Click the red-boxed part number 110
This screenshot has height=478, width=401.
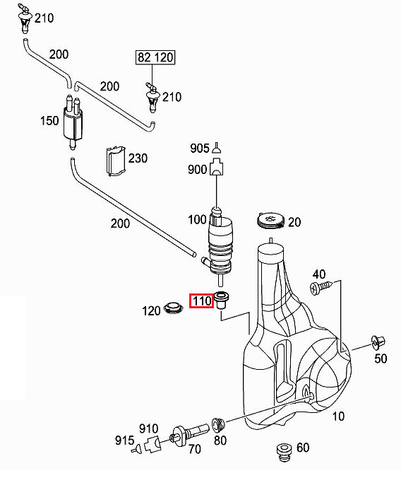[202, 301]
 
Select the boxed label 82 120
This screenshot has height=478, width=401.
[155, 57]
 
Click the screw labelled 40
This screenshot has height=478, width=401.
[321, 287]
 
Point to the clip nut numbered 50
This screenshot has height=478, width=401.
[378, 343]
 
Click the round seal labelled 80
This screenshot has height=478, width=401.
[218, 425]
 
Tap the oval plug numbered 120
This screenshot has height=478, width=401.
[174, 308]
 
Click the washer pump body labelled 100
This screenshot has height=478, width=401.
[220, 244]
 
